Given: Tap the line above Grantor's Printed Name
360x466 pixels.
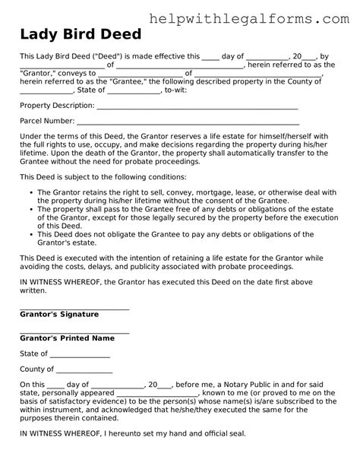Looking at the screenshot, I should [x=74, y=332].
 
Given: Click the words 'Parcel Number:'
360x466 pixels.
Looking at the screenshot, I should [x=47, y=121].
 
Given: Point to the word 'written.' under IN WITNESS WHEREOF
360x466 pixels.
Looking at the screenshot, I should [x=34, y=290].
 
